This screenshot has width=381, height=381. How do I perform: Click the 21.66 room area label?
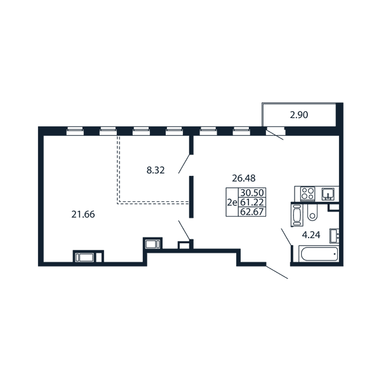83,215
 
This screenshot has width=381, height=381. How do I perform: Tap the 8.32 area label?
156,170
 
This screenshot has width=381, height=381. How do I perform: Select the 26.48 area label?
244,178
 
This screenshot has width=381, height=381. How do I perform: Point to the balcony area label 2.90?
299,115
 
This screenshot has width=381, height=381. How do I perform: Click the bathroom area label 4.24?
311,235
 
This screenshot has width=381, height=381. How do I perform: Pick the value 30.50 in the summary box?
252,192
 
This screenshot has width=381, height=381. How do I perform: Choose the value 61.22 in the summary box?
252,202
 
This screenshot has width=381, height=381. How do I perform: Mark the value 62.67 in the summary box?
252,212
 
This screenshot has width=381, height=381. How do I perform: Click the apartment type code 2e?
232,203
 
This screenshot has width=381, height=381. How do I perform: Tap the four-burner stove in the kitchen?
307,194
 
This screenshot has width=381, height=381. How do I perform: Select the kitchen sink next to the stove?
328,194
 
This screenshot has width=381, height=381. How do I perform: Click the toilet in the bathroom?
312,212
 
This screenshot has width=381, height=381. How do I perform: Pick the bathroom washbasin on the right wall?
335,236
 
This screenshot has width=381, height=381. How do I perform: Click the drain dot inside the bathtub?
335,254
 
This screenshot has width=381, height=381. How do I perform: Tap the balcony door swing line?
275,135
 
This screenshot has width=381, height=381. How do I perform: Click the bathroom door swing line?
286,237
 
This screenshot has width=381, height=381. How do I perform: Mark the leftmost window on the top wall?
75,131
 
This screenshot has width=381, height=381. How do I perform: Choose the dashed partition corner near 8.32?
118,203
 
